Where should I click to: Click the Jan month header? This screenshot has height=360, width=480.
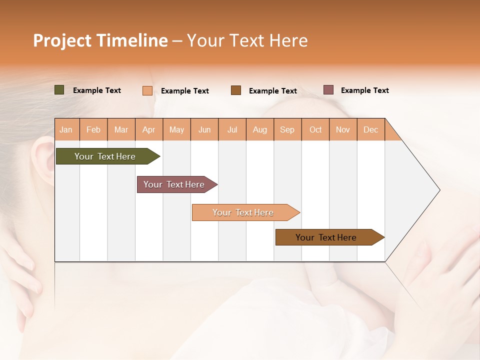(x=66, y=129)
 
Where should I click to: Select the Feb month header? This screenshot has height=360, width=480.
(x=93, y=129)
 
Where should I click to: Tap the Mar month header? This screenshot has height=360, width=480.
(x=121, y=129)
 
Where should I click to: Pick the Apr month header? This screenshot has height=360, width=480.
(x=149, y=129)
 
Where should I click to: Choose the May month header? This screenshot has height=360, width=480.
(x=176, y=129)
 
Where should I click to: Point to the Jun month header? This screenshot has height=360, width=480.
(x=204, y=129)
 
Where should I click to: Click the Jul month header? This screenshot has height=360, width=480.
(x=232, y=129)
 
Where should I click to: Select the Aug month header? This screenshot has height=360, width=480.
(x=260, y=129)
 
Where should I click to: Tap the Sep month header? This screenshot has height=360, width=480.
(x=287, y=129)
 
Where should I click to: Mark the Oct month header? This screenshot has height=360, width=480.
(x=315, y=129)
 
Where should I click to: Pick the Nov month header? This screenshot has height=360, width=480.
(x=343, y=129)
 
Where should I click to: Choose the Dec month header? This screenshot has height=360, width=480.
(x=371, y=129)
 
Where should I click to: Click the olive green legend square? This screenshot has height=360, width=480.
(x=59, y=90)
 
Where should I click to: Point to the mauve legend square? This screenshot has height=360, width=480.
(x=328, y=90)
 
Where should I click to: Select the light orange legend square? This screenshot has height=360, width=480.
(x=147, y=90)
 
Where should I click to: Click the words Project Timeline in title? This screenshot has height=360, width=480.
(x=100, y=40)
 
